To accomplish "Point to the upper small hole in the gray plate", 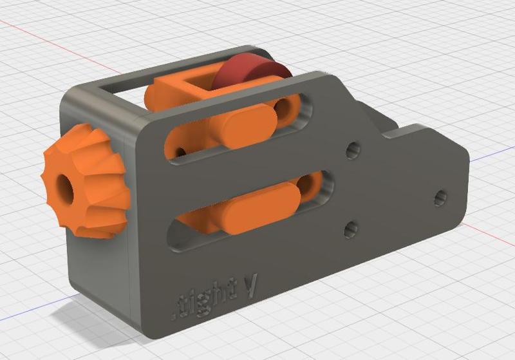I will coord(351,151).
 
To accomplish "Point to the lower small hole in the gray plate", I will coord(351,229).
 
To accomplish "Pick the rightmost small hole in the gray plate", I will coord(440,197).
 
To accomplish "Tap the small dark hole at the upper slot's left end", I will coord(182,151).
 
